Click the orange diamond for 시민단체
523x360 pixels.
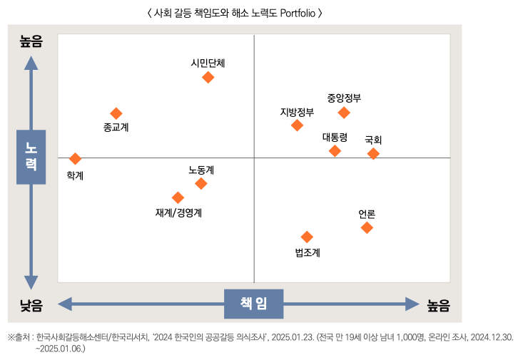coord(208,77)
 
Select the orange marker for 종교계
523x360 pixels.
coord(116,113)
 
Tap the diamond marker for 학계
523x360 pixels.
coord(75,158)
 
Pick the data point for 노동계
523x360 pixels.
coord(201,183)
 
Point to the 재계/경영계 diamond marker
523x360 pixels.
coord(178,197)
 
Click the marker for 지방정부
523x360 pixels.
coord(298,125)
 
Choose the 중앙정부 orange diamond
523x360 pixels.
coord(344,113)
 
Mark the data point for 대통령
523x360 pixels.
coord(335,150)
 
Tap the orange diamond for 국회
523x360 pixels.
coord(373,153)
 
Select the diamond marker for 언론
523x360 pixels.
coord(367,227)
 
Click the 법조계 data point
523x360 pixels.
coord(307,237)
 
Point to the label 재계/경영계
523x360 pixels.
coord(179,212)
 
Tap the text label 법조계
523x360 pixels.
coord(308,252)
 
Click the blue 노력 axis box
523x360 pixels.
coord(31,157)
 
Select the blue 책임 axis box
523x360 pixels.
coord(254,304)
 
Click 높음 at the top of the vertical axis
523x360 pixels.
coord(31,42)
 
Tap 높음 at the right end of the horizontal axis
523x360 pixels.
coord(438,305)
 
